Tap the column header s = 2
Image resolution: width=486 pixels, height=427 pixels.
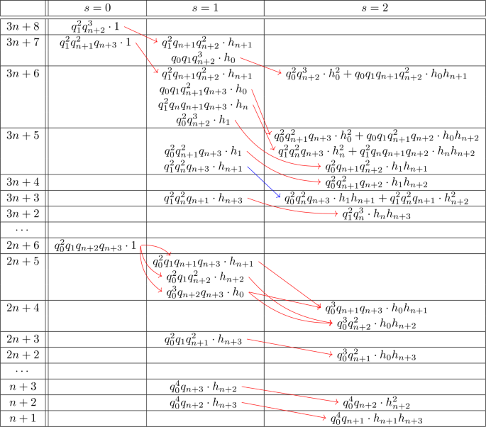click(374, 9)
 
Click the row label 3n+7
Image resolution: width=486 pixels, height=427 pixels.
click(23, 43)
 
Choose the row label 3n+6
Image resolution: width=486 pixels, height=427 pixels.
click(23, 72)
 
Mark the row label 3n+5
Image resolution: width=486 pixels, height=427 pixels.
click(23, 134)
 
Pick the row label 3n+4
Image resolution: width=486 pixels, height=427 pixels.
click(23, 182)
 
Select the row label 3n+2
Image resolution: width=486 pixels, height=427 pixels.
click(23, 213)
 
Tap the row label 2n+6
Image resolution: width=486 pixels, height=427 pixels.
click(23, 245)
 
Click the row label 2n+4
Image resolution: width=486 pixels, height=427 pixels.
click(23, 308)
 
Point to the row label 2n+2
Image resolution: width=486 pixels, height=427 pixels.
click(23, 354)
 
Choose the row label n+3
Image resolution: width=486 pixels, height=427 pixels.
click(23, 387)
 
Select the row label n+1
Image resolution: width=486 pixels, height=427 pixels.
click(23, 418)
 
